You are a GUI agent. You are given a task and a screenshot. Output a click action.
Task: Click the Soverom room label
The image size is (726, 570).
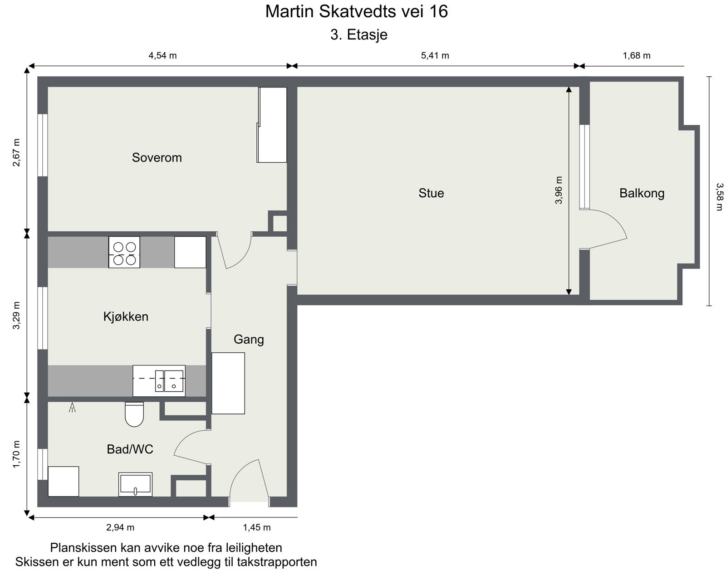point(157,157)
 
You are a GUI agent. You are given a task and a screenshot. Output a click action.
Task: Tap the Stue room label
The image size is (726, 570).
point(431,193)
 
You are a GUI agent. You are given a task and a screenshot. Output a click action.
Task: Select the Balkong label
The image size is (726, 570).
point(642,194)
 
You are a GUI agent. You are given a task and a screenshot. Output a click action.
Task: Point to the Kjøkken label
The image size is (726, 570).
point(126,317)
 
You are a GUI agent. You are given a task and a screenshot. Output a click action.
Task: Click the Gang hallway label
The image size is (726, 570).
point(249,340)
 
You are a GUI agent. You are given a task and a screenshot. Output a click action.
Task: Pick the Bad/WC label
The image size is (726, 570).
point(130,449)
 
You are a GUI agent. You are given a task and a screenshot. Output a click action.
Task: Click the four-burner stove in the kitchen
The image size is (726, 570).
point(124,252)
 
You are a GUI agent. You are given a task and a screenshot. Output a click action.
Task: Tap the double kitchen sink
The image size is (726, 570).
point(159,381)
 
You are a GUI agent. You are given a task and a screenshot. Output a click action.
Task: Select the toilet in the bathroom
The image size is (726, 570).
point(134,414)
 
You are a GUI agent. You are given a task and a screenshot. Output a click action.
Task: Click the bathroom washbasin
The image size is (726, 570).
point(135,484)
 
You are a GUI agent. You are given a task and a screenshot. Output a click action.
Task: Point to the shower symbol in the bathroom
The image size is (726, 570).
point(72,408)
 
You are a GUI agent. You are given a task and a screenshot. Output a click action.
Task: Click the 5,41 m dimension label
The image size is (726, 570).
point(435,56)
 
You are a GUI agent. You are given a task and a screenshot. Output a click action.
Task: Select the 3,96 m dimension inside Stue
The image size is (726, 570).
point(558,190)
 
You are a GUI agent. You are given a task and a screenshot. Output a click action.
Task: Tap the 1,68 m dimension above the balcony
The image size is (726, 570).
point(637,56)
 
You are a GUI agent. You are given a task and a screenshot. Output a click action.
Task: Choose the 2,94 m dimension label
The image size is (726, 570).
point(120,528)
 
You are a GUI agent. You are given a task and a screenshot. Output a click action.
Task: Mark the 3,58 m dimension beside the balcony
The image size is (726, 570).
point(720,196)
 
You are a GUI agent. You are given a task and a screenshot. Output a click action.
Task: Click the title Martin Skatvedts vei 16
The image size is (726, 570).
point(357,11)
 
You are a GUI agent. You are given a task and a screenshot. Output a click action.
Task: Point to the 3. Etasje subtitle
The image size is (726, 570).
point(359,35)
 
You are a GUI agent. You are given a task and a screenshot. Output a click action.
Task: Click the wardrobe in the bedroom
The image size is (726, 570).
point(272,125)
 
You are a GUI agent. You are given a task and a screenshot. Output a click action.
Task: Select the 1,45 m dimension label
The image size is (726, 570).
point(256,528)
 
